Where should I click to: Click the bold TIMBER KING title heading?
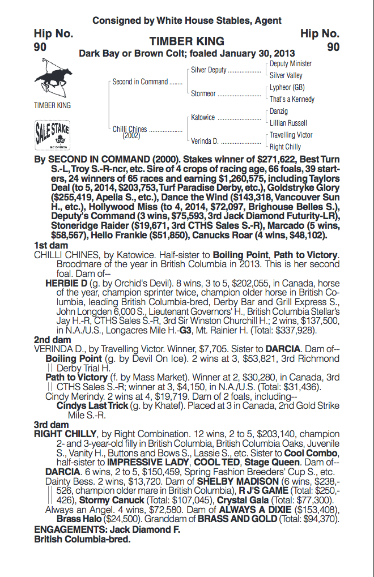point(187,41)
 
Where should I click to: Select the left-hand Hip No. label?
point(53,33)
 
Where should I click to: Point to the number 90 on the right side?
point(333,47)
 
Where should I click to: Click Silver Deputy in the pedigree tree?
point(209,70)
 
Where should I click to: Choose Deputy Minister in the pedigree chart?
point(291,64)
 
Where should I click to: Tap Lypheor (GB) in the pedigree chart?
point(287,88)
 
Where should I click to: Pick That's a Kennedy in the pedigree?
point(292,100)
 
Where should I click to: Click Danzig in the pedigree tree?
point(279,112)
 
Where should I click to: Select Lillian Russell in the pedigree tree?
point(288,123)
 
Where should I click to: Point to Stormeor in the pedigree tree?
point(203,94)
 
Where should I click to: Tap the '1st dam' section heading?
point(51,246)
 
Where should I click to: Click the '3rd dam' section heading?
point(51,424)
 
